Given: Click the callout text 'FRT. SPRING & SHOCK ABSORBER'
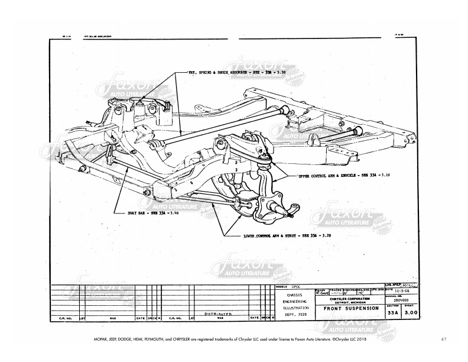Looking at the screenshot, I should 227,72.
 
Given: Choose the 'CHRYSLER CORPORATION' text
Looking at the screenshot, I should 351,299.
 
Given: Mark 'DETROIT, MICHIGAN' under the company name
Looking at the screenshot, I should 351,303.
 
